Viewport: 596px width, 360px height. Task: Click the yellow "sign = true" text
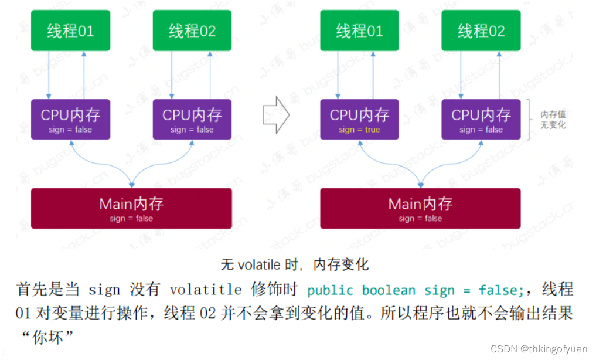(359, 130)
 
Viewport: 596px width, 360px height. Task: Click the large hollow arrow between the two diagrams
(276, 116)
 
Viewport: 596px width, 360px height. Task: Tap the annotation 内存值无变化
(553, 120)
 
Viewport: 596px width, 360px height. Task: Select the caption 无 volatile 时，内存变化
(295, 264)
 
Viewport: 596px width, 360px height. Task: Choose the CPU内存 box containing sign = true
(359, 120)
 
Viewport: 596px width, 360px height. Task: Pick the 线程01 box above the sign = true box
(359, 30)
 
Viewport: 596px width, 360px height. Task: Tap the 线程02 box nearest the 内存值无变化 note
(481, 30)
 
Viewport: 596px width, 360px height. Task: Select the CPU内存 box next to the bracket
(481, 120)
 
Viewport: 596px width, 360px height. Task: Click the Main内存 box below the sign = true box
(420, 208)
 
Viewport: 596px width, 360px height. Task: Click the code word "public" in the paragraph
(331, 290)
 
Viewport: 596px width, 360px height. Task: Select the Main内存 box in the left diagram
(131, 208)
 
